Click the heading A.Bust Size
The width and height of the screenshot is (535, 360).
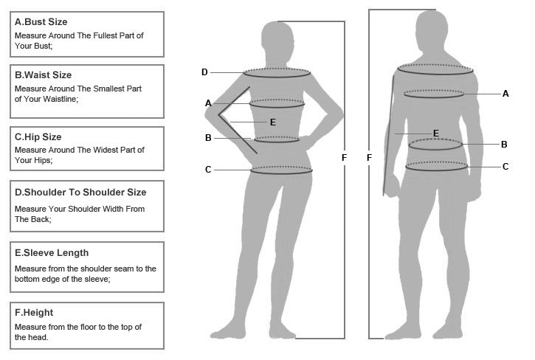[x=41, y=21]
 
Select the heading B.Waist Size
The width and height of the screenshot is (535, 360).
[x=43, y=75]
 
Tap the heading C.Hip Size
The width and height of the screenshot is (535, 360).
[x=38, y=136]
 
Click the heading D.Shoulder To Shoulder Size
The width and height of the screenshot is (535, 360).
[x=80, y=192]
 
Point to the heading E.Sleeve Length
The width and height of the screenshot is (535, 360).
[x=52, y=253]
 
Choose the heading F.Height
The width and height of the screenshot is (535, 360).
[x=34, y=312]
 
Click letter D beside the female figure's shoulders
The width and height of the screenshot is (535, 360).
[x=204, y=72]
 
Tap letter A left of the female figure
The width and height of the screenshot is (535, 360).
[x=208, y=103]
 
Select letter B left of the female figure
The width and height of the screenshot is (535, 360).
[x=208, y=138]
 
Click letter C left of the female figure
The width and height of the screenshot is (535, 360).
[x=208, y=170]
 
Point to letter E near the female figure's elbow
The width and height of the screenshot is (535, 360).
[x=272, y=122]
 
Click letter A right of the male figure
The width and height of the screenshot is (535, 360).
[x=505, y=94]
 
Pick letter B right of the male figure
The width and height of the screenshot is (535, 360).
[x=504, y=145]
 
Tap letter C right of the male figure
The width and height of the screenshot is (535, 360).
[x=505, y=167]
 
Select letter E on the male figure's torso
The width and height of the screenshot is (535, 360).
[x=436, y=133]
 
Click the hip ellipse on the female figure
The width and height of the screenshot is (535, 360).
[x=281, y=170]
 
